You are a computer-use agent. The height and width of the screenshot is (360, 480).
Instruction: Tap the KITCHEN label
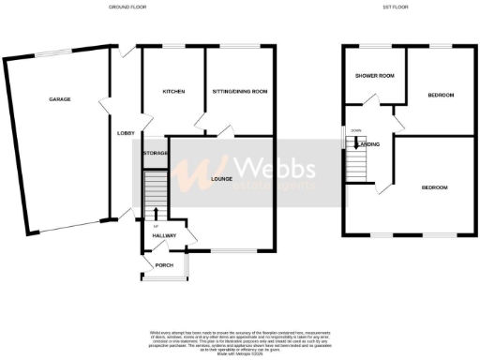(172, 92)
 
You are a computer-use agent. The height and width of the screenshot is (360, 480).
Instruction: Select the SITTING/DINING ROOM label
(240, 92)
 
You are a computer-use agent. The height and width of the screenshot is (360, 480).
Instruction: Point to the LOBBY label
(125, 133)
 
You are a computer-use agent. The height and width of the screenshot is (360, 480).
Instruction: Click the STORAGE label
(155, 152)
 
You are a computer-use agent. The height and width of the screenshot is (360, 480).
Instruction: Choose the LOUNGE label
(221, 178)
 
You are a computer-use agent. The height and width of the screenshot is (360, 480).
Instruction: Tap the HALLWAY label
(165, 234)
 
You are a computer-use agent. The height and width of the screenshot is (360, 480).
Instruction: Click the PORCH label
(165, 265)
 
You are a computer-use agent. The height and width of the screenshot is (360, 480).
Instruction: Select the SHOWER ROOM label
(372, 77)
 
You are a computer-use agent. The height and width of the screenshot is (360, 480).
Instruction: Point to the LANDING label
(369, 143)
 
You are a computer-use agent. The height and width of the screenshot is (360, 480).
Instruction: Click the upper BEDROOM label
(442, 96)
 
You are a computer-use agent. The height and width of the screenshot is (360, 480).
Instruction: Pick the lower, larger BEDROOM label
(434, 187)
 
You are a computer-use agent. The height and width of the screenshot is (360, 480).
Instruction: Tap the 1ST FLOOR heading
(395, 7)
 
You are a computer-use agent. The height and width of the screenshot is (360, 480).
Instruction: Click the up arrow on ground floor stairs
(156, 213)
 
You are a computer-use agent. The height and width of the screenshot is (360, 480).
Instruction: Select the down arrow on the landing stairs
(355, 142)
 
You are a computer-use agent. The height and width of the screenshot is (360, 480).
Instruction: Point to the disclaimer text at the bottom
(240, 338)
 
